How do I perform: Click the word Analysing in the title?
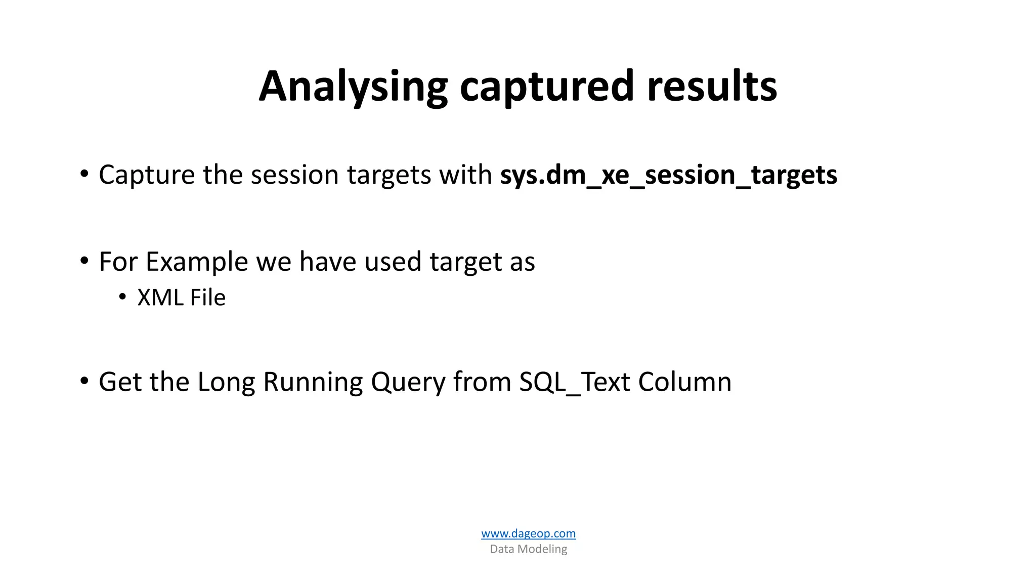tap(353, 87)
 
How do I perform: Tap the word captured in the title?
tap(546, 87)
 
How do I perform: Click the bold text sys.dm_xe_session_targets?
tap(668, 175)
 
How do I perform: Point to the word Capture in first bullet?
tap(147, 175)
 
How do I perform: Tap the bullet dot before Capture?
tap(84, 174)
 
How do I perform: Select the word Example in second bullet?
tap(197, 262)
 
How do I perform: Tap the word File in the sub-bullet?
tap(208, 298)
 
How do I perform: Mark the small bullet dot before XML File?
tap(122, 297)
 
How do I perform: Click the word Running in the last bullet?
tap(313, 382)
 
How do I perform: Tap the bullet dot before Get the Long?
tap(84, 381)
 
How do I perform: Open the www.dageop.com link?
tap(528, 533)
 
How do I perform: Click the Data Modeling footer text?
tap(528, 549)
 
